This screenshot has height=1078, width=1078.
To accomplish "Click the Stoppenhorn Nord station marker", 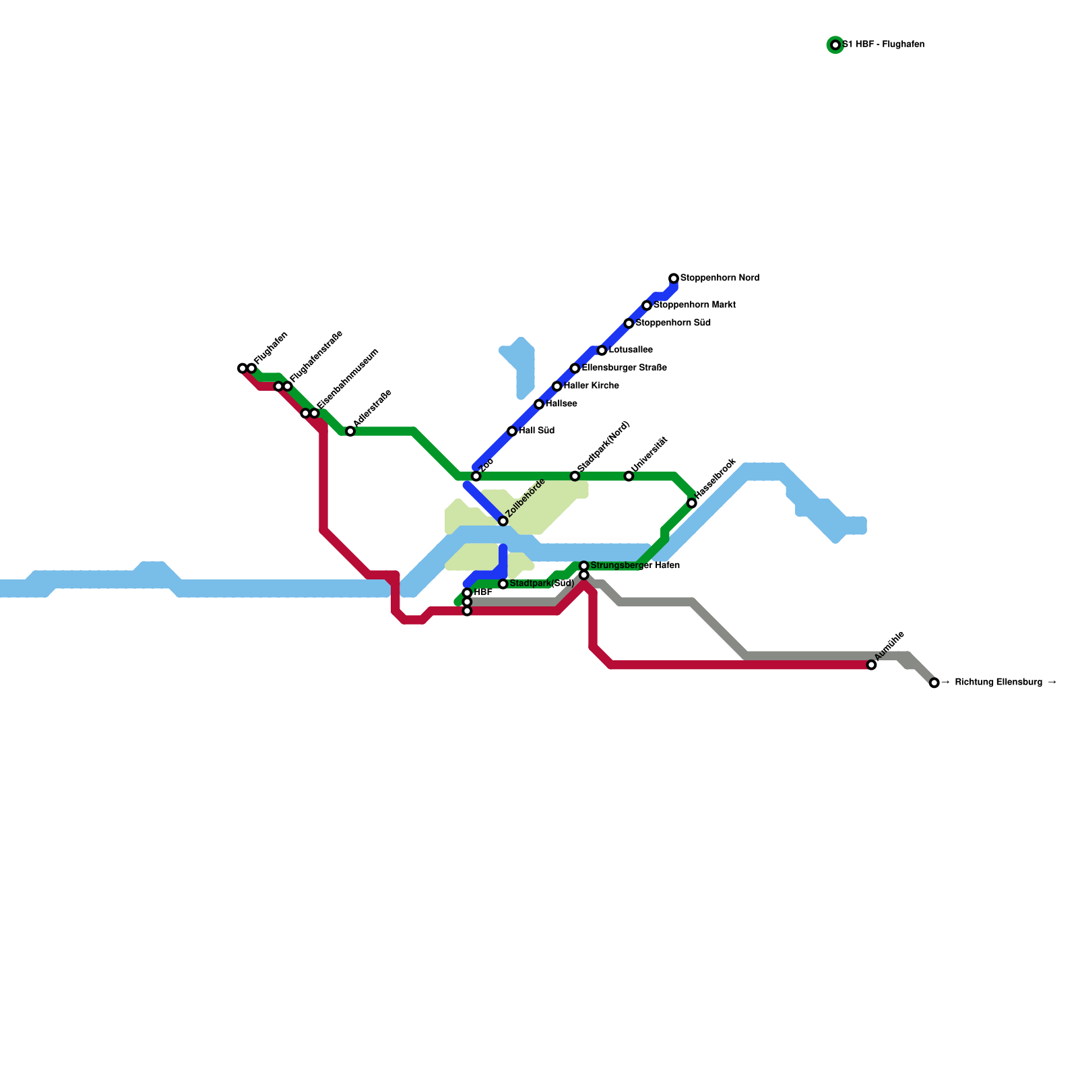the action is [674, 278].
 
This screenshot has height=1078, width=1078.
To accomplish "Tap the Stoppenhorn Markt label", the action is [694, 305].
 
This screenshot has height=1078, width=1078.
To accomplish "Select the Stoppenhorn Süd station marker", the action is [629, 323].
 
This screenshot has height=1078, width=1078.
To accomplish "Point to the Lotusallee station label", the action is [630, 350].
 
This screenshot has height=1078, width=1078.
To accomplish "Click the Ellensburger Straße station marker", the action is [575, 369].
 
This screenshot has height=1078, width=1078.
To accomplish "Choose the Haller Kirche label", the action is [591, 386].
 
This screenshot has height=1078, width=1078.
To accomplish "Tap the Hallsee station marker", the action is [539, 404].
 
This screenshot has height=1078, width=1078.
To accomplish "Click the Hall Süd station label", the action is [536, 431].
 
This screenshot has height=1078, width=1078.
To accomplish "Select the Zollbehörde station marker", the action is [503, 521].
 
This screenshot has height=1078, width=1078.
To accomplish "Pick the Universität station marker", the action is [629, 476].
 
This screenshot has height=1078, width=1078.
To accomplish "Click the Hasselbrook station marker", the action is [692, 503].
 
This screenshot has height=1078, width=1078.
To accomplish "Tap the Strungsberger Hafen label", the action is [635, 566].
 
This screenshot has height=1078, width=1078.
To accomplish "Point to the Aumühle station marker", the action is [871, 665].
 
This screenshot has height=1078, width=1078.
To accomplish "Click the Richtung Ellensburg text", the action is [999, 683].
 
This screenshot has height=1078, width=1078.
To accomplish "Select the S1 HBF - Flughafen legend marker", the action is [835, 45].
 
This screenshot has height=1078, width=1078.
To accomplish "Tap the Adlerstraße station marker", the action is [350, 431].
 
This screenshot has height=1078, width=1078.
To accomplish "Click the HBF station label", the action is [482, 593].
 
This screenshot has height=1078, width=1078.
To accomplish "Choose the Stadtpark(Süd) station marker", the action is [503, 583].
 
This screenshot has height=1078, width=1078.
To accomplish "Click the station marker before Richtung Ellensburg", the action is [934, 683].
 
